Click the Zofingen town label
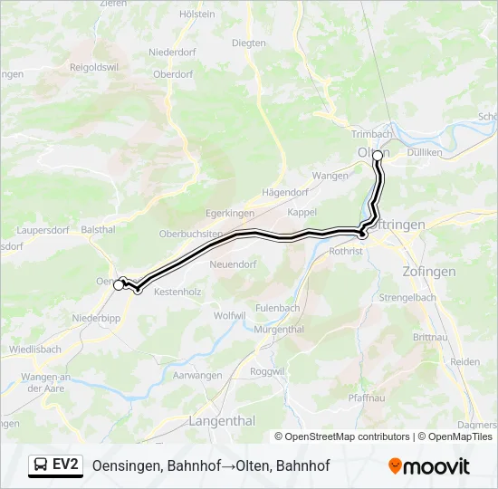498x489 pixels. (x=429, y=272)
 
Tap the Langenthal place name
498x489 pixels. (x=223, y=421)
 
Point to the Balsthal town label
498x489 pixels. (x=99, y=230)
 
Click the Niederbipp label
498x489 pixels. (x=97, y=319)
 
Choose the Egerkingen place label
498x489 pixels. (x=229, y=213)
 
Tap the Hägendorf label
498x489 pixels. (x=284, y=193)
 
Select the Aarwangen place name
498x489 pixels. (x=197, y=375)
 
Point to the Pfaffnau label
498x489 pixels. (x=368, y=398)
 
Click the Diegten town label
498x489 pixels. (x=249, y=43)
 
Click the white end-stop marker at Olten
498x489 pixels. (x=378, y=155)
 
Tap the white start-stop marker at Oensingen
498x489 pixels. (x=118, y=285)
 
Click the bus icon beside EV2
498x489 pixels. (x=41, y=465)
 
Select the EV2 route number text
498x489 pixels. (x=66, y=465)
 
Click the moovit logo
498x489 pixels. (x=429, y=466)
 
